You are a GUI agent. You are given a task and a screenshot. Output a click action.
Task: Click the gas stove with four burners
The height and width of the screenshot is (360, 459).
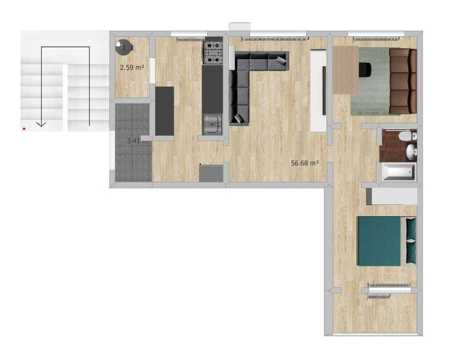213,52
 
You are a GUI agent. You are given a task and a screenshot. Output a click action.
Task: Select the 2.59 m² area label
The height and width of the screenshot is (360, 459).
132,67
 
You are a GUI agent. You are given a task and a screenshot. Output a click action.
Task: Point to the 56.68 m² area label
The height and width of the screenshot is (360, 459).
305,163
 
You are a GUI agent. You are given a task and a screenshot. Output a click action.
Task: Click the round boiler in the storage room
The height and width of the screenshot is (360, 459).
124,48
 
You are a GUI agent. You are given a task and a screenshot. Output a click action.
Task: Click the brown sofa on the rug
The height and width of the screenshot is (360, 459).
402,80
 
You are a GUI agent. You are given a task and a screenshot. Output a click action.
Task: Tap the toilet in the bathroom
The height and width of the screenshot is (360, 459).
409,136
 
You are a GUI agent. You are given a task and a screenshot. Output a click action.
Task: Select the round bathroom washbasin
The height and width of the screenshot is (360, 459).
411,152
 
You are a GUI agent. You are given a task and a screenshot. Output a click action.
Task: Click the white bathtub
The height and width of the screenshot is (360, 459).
399,172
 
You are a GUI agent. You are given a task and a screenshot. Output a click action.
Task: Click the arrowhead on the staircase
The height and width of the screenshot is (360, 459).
42,124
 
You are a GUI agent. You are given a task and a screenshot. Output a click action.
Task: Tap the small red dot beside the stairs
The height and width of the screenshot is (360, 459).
24,129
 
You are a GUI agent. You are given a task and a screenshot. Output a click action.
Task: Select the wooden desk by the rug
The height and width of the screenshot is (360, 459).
345,69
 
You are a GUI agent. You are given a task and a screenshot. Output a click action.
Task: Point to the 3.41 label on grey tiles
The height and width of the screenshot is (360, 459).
136,140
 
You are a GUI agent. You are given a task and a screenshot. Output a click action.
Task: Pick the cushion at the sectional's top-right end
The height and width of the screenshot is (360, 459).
281,60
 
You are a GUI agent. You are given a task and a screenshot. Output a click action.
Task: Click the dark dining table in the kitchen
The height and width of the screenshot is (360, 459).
164,111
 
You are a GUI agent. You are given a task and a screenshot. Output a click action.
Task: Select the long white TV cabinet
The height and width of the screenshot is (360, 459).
318,90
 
